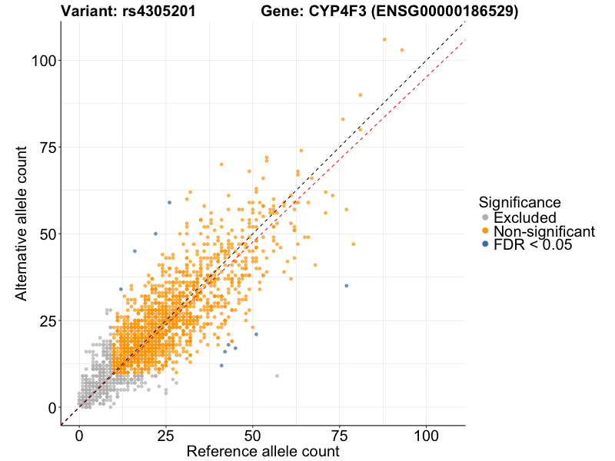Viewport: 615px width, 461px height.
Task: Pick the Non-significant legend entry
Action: pos(544,231)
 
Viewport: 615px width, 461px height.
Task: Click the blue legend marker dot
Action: pos(484,245)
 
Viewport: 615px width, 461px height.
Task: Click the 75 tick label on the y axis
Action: pos(48,147)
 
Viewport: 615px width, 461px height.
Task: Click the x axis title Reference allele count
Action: pos(263,452)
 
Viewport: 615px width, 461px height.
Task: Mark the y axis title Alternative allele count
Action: pos(22,223)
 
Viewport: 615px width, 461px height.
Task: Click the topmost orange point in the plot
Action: pos(384,39)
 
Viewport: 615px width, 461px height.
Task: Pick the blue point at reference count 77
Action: pos(346,286)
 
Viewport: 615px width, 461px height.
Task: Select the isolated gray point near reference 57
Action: pos(277,376)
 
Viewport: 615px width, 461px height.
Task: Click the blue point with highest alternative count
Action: pos(169,202)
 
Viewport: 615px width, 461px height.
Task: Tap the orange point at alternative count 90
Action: pos(360,95)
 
